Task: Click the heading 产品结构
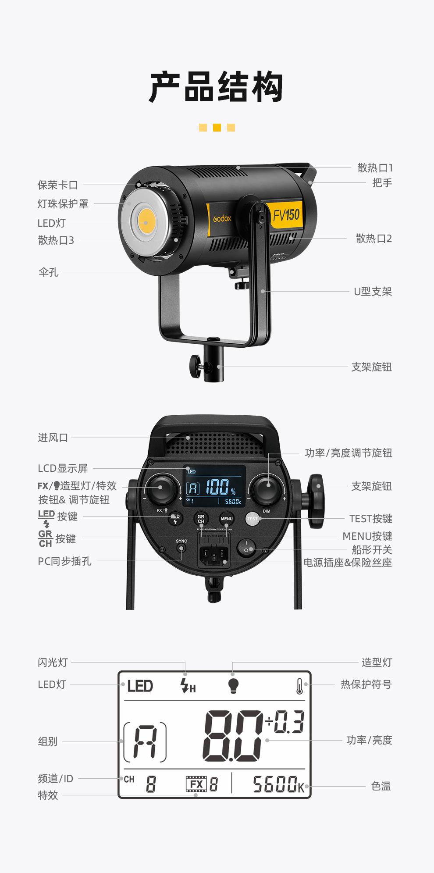(217, 87)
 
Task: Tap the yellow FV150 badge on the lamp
(286, 215)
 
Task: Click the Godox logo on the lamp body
(222, 218)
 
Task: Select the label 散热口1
(375, 167)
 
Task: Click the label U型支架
(373, 292)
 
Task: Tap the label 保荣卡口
(57, 185)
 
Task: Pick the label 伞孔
(48, 272)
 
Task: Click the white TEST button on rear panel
(253, 519)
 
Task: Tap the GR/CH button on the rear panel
(201, 519)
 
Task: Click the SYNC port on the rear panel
(181, 548)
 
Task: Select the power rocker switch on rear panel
(246, 547)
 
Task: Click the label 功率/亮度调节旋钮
(348, 453)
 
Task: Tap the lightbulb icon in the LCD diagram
(233, 685)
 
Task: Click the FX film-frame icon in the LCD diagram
(196, 784)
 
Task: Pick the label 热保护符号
(366, 684)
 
